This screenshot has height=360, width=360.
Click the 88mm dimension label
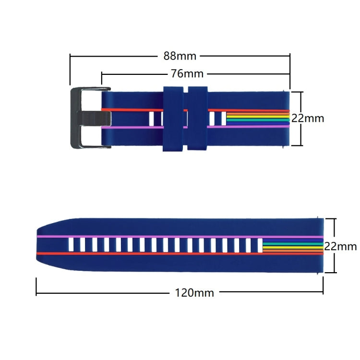click(x=180, y=56)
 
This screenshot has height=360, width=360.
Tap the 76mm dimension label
click(x=187, y=74)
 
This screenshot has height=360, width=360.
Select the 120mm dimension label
click(x=194, y=292)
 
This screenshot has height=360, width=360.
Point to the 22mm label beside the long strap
click(x=340, y=246)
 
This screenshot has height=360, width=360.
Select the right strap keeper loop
click(x=198, y=119)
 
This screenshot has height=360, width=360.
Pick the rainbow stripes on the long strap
click(x=293, y=246)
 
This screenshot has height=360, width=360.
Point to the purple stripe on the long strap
click(x=144, y=237)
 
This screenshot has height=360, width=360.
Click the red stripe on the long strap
click(x=144, y=253)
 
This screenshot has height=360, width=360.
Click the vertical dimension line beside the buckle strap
click(x=301, y=118)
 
